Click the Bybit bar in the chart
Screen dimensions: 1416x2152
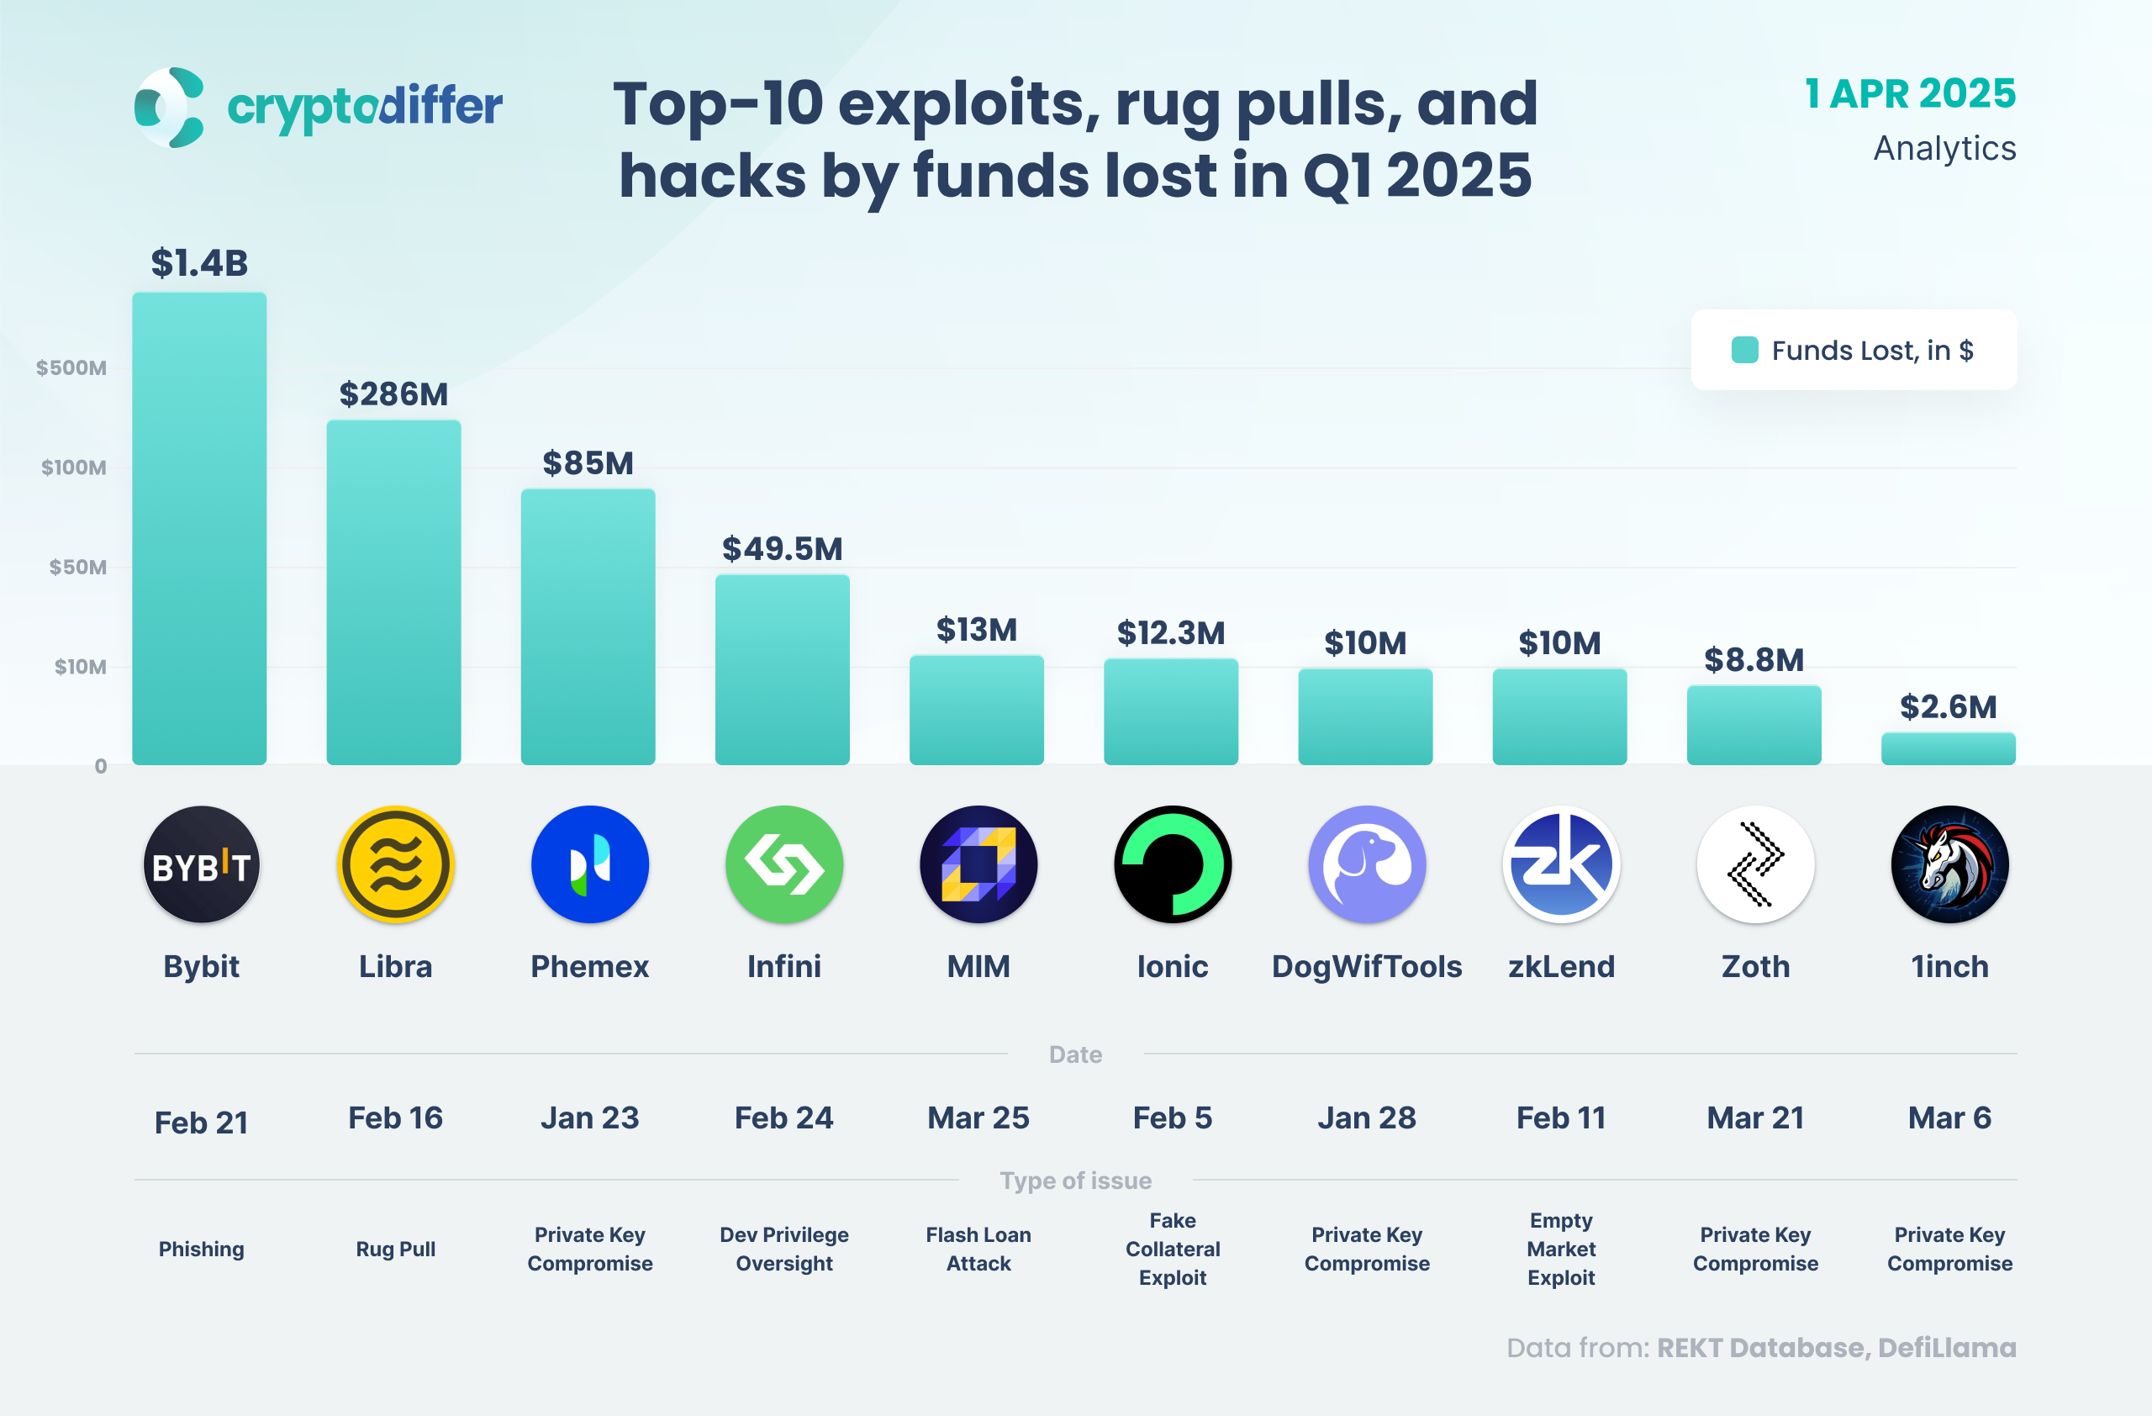coord(199,529)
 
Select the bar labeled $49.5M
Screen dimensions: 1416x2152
coord(782,670)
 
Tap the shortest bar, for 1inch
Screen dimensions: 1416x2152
coord(1948,748)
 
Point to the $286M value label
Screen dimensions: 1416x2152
coord(393,394)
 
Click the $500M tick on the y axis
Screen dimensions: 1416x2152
coord(71,368)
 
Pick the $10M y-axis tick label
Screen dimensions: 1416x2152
coord(80,668)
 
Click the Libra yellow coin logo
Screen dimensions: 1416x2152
coord(395,864)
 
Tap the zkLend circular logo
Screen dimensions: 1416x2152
coord(1561,864)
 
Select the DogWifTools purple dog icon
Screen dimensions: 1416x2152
coord(1366,864)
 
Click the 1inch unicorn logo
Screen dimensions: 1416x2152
coord(1949,864)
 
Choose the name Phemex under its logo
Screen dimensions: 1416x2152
coord(589,967)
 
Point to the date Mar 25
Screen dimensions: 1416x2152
coord(978,1118)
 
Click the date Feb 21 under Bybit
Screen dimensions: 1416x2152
coord(201,1123)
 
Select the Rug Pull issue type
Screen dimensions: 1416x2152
coord(395,1250)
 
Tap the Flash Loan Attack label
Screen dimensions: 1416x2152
coord(978,1250)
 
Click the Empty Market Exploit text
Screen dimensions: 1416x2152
coord(1561,1250)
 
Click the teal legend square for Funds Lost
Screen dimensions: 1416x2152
coord(1744,350)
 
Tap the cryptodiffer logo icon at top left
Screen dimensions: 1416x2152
coord(169,108)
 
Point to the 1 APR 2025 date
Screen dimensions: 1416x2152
coord(1910,94)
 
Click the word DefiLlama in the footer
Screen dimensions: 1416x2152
coord(1947,1348)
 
